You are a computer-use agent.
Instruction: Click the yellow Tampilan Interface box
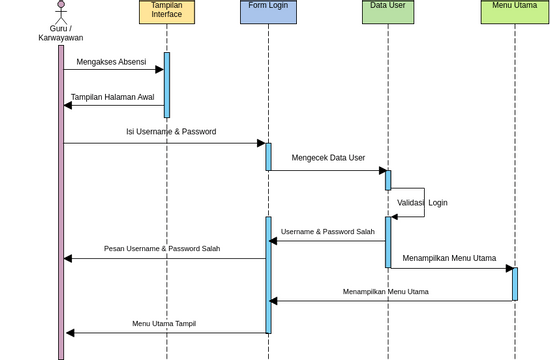coord(167,11)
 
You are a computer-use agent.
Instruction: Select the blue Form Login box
coord(268,11)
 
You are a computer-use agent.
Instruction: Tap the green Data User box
coord(388,11)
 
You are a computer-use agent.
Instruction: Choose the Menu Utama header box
coord(514,11)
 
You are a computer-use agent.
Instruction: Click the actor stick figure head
coord(61,4)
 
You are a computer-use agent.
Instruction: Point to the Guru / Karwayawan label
coord(61,33)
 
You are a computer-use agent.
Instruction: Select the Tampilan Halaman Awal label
coord(112,98)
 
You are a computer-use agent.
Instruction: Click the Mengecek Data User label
coord(328,158)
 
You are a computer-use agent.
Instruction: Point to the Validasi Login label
coord(422,203)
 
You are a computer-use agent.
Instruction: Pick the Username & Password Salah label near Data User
coord(328,232)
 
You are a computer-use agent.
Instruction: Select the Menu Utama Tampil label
coord(164,324)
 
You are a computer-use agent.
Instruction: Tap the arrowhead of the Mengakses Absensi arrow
coord(159,70)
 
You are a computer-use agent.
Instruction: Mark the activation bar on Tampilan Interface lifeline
coord(167,85)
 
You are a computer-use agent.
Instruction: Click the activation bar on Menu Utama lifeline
coord(515,283)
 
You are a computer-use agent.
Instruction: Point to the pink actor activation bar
coord(61,200)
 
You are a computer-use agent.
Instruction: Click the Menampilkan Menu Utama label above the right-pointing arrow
coord(449,258)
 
